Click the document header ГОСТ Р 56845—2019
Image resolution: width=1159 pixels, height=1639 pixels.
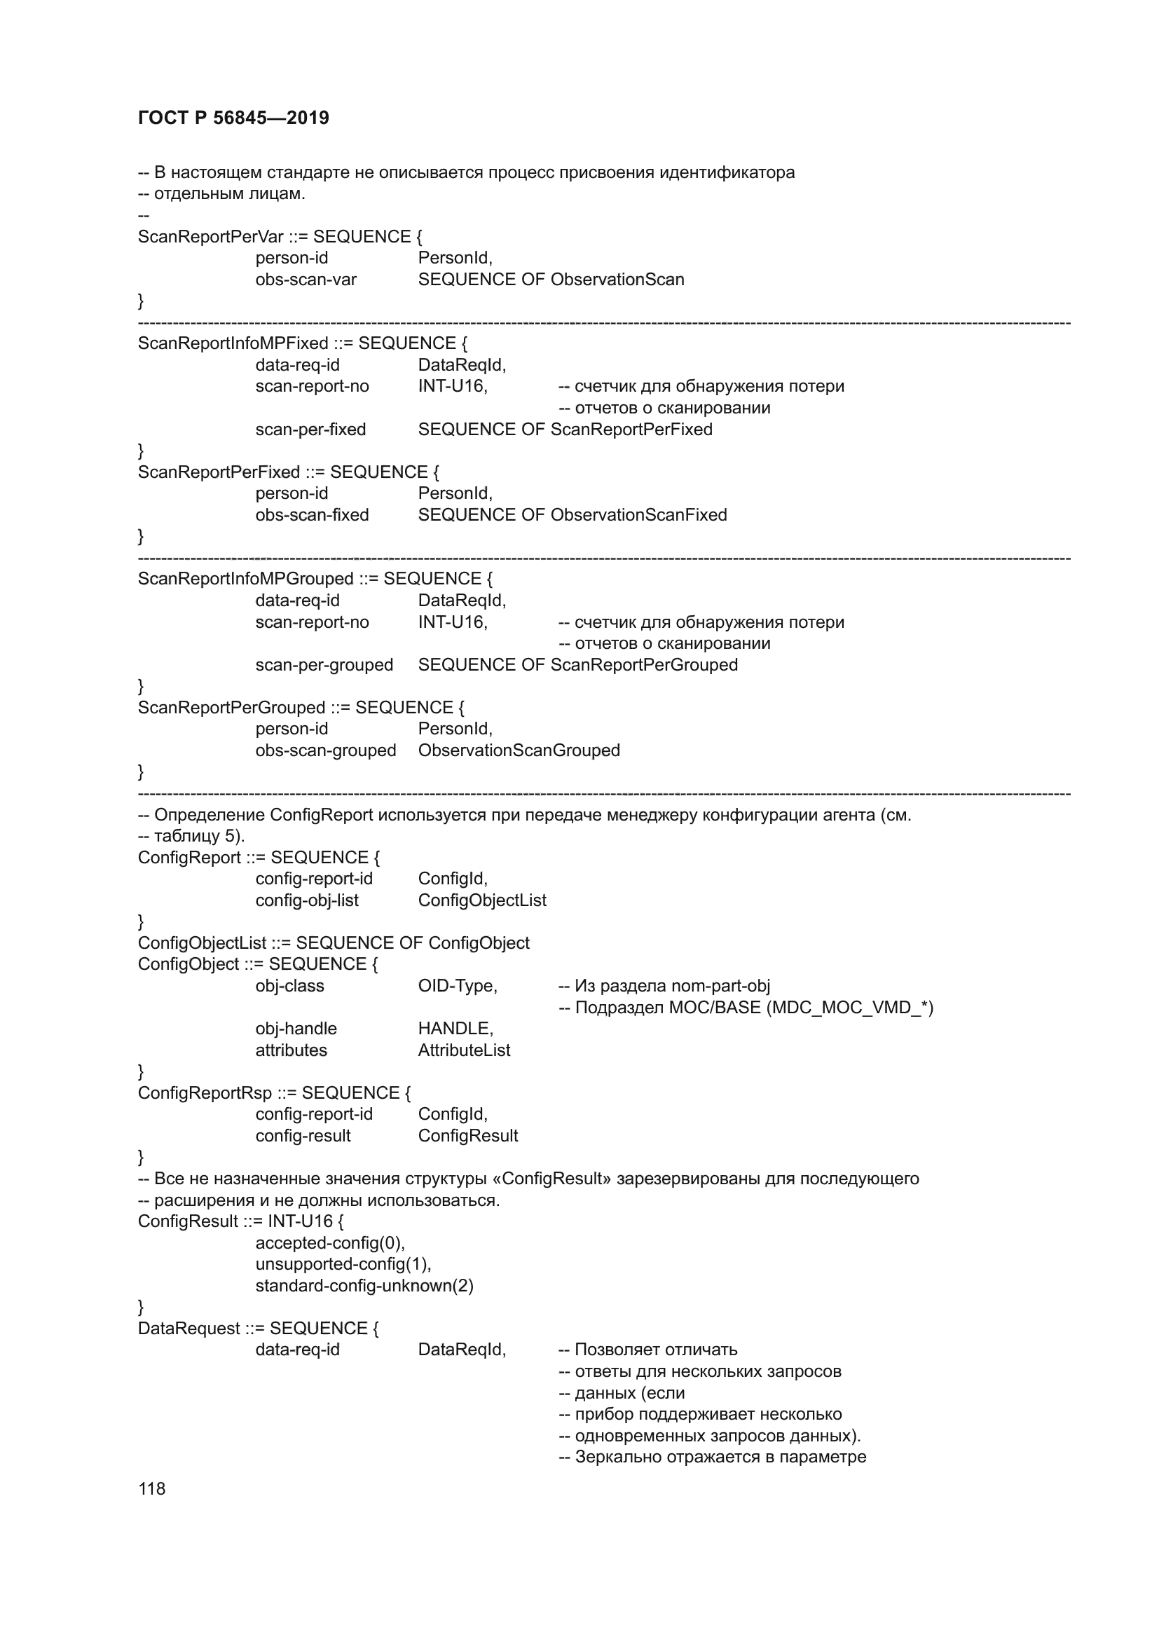(233, 118)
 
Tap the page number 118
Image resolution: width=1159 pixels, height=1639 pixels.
(151, 1488)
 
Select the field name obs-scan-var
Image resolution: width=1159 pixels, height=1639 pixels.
(306, 280)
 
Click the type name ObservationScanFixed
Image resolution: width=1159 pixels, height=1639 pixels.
(638, 515)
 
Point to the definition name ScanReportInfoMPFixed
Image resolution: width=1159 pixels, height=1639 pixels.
(233, 343)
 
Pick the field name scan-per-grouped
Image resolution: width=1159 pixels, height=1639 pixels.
(324, 664)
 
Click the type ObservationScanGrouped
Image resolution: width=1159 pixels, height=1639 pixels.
(519, 750)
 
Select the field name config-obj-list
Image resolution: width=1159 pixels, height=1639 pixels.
(307, 900)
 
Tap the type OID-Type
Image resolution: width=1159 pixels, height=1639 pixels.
(457, 986)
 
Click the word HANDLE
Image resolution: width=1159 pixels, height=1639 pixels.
(455, 1029)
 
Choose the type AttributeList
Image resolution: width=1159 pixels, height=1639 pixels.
(464, 1050)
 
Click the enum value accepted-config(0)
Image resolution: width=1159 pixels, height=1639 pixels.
(330, 1243)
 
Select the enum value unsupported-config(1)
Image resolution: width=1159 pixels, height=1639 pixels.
(343, 1264)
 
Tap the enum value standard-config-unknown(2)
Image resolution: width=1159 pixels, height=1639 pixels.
(364, 1286)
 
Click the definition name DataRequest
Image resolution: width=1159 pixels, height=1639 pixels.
(188, 1329)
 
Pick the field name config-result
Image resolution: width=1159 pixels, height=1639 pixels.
(303, 1136)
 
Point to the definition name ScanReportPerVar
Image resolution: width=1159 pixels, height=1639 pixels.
(210, 237)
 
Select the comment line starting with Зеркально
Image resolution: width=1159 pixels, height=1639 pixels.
(711, 1457)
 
